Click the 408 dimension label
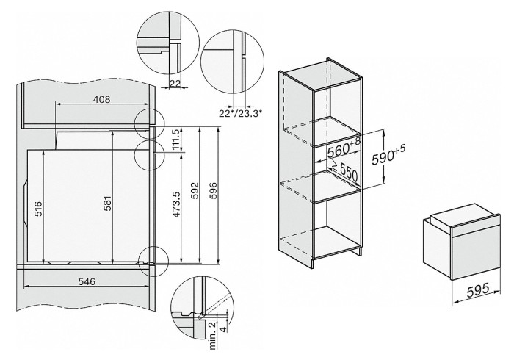(x=101, y=99)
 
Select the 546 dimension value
(x=87, y=281)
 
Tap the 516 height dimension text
(x=38, y=209)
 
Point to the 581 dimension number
(x=108, y=204)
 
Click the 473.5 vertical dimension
(x=176, y=204)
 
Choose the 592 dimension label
(x=195, y=191)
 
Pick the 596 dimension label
(x=213, y=190)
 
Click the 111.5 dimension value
(x=175, y=140)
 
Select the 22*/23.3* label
(x=240, y=113)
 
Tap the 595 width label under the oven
(x=477, y=289)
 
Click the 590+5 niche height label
(x=388, y=155)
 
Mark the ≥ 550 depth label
(x=344, y=170)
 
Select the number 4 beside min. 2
(x=224, y=328)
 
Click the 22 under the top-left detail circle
(x=175, y=84)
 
